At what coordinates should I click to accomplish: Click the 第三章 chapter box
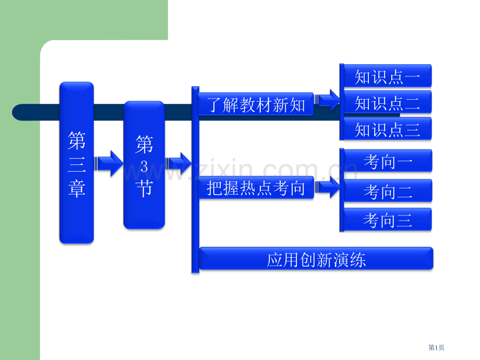click(76, 163)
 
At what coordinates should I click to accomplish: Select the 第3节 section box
click(144, 165)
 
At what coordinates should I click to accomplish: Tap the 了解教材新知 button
click(256, 105)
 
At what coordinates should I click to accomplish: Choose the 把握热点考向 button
click(256, 188)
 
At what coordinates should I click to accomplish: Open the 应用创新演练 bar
click(316, 259)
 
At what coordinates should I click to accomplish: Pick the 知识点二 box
click(387, 102)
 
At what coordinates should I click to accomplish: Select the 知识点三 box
click(387, 129)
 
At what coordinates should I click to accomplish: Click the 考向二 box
click(387, 191)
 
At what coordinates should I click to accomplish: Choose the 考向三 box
click(387, 220)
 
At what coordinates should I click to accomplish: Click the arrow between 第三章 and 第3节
click(108, 164)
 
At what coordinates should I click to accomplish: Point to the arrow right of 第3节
click(178, 164)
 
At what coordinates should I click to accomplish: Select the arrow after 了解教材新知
click(328, 100)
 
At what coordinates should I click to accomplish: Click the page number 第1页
click(436, 347)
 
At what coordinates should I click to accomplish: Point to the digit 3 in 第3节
click(144, 166)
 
